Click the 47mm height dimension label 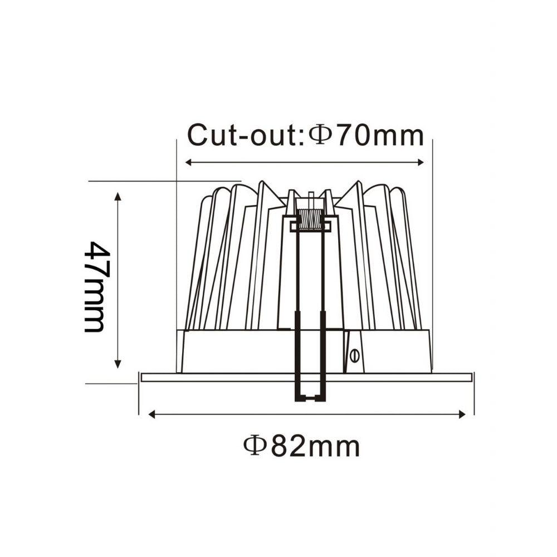(95, 287)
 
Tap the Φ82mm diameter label (301, 447)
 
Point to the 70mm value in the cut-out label (380, 136)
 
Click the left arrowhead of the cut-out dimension (189, 163)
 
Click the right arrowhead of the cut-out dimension (421, 163)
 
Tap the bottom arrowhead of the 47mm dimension (118, 364)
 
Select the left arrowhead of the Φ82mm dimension (152, 414)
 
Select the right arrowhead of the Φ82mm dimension (462, 414)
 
